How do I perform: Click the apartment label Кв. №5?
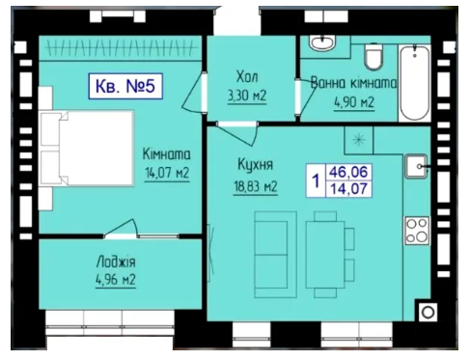pos(125,86)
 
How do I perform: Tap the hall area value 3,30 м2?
pos(247,96)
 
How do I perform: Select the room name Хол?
pos(247,77)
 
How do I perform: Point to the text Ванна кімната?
pos(353,83)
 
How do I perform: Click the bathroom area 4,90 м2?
pos(354,102)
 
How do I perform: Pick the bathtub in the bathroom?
pos(414,83)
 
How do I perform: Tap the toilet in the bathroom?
pos(373,56)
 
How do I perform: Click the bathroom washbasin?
pos(322,42)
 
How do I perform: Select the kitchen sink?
pos(416,166)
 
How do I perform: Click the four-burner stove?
pos(417,231)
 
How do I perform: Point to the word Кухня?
pos(256,164)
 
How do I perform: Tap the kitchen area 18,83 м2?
pos(256,186)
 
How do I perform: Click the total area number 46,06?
pos(348,172)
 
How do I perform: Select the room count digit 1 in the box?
pos(316,180)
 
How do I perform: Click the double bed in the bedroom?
pos(86,149)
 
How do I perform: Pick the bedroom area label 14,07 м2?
pos(167,173)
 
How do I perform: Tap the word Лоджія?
pos(116,262)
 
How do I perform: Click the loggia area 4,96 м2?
pos(116,280)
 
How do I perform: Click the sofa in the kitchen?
pos(275,255)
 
